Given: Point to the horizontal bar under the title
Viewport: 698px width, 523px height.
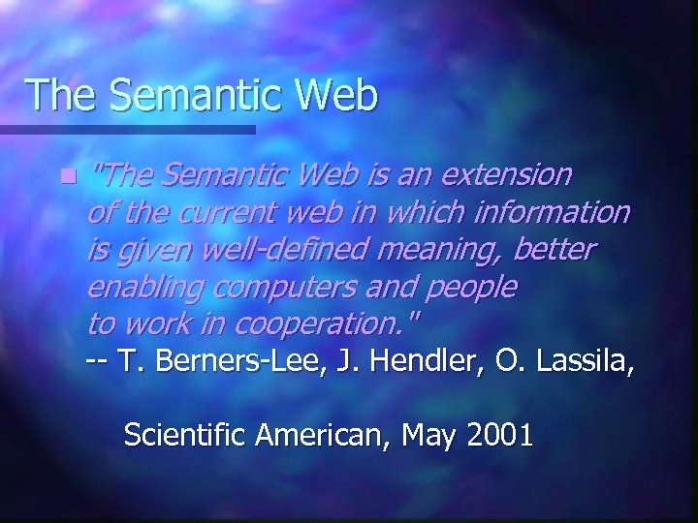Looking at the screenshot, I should (x=126, y=129).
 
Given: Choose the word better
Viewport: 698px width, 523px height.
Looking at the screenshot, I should (x=555, y=250).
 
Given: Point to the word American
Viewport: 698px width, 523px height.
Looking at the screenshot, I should (x=318, y=435).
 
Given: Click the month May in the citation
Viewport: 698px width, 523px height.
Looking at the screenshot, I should (x=428, y=435).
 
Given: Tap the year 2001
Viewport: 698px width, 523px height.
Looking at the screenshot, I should (x=500, y=435).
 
